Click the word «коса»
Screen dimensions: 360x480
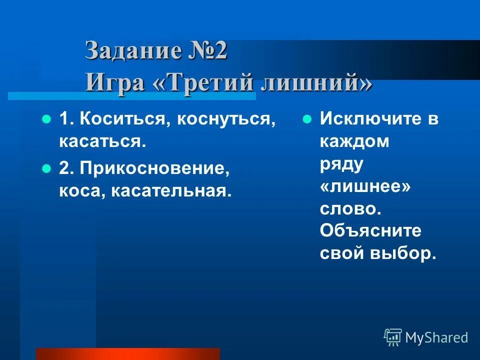pos(80,190)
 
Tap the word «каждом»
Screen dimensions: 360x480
pos(354,141)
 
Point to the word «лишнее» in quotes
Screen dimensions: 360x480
pos(365,186)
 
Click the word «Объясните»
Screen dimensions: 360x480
pos(370,231)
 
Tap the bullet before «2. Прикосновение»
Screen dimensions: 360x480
pos(46,168)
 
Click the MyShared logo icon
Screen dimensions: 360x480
pos(393,337)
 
